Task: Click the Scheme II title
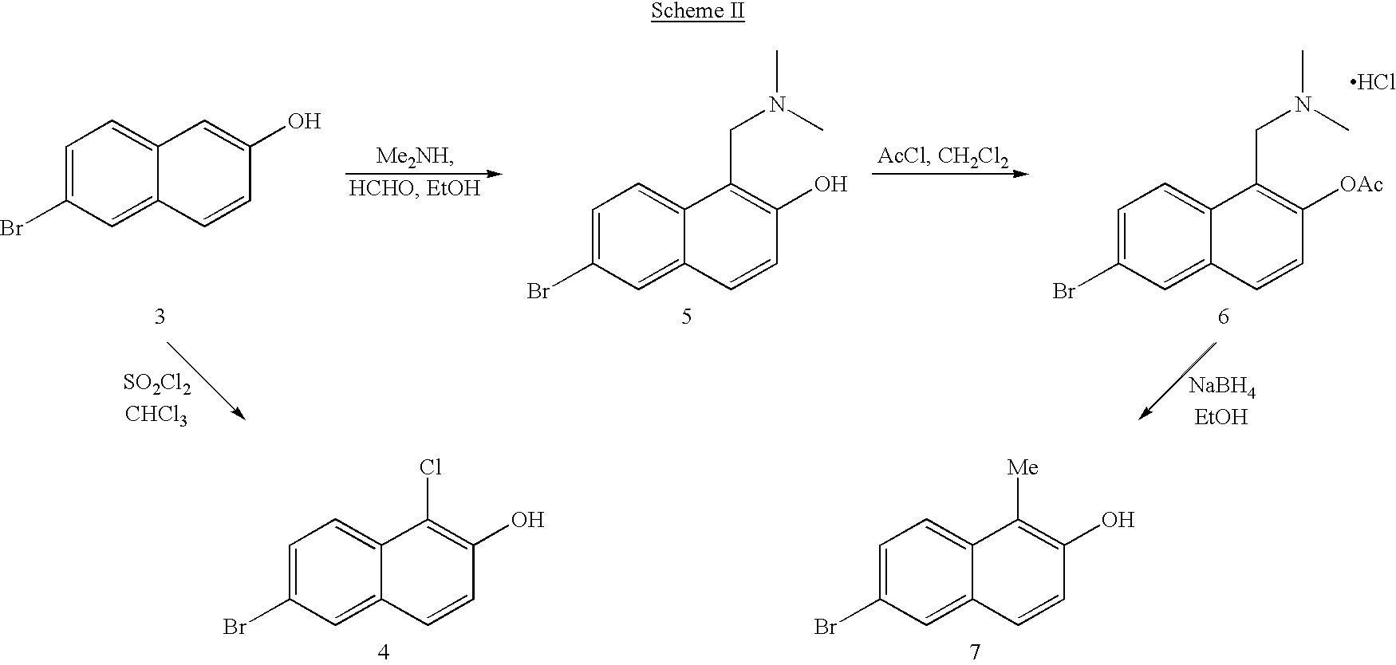point(697,12)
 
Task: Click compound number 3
point(160,317)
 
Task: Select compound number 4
point(383,651)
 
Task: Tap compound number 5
point(686,317)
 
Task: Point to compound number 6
point(1223,317)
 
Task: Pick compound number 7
point(975,651)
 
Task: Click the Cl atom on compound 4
point(431,467)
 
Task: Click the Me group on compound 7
point(1023,467)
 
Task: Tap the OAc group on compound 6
point(1361,184)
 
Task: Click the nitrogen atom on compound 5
point(777,104)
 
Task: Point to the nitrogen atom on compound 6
point(1303,104)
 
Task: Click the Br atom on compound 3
point(11,230)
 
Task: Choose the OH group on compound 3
point(304,121)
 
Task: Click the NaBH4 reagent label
point(1217,388)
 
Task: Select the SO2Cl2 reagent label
point(157,385)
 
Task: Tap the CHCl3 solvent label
point(156,415)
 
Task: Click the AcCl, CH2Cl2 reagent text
point(943,155)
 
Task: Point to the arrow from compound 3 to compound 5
point(424,174)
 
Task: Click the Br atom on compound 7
point(826,628)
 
